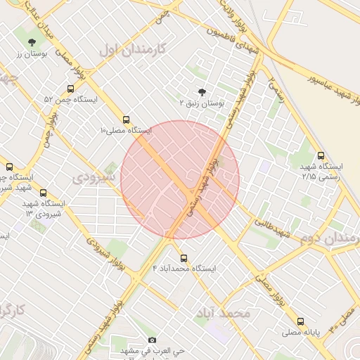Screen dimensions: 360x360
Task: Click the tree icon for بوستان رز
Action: pyautogui.click(x=32, y=42)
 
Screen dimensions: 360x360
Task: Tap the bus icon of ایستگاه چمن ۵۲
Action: pyautogui.click(x=70, y=89)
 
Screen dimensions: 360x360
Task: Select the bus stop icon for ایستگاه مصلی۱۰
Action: pyautogui.click(x=126, y=120)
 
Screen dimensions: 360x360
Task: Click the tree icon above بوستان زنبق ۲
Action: pyautogui.click(x=202, y=92)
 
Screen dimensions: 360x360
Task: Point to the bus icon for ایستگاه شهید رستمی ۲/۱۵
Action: pyautogui.click(x=321, y=155)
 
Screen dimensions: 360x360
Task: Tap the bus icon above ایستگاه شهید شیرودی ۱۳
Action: pyautogui.click(x=44, y=193)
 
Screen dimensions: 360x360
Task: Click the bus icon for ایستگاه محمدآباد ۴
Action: pyautogui.click(x=184, y=258)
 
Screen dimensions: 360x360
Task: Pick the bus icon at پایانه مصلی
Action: pyautogui.click(x=301, y=321)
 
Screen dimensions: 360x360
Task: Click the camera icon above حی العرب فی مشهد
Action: pyautogui.click(x=153, y=340)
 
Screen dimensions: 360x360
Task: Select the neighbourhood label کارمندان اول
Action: pyautogui.click(x=131, y=49)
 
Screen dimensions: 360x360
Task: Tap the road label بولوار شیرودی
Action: pyautogui.click(x=100, y=247)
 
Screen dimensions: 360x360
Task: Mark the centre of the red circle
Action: pyautogui.click(x=180, y=179)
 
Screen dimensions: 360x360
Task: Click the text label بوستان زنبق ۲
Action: pyautogui.click(x=201, y=103)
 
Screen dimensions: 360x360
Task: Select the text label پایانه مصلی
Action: pyautogui.click(x=301, y=331)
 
